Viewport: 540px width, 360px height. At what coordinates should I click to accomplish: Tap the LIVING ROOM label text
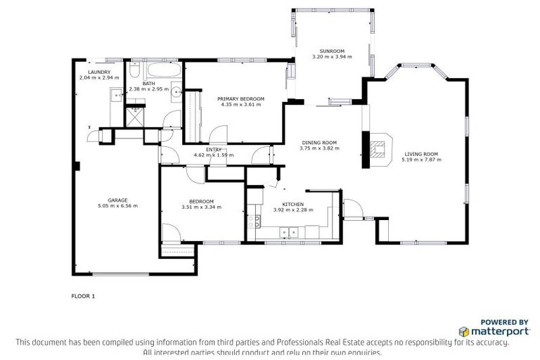[x=421, y=154]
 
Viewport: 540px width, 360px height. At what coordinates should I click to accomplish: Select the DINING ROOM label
[x=319, y=142]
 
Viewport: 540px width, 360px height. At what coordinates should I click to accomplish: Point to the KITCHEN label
[x=292, y=204]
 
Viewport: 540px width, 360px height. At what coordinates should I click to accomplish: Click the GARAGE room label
[x=117, y=200]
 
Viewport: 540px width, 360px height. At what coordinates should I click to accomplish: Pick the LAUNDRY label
[x=99, y=72]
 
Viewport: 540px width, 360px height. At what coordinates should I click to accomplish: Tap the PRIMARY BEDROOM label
[x=240, y=98]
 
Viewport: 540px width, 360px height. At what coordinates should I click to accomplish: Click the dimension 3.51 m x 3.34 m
[x=202, y=207]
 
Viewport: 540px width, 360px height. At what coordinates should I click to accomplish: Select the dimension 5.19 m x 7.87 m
[x=421, y=160]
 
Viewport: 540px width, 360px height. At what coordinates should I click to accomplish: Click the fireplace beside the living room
[x=378, y=148]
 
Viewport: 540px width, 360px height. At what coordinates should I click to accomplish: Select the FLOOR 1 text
[x=83, y=296]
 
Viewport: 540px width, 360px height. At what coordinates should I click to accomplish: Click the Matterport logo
[x=493, y=330]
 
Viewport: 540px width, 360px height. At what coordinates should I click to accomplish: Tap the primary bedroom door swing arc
[x=219, y=134]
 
